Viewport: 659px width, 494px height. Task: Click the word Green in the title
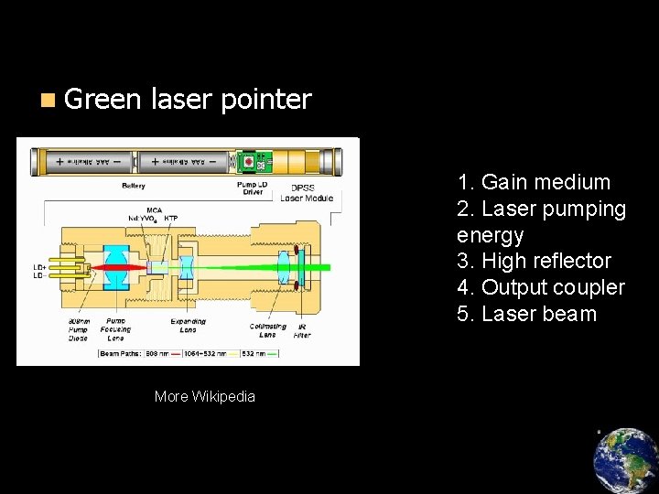[103, 99]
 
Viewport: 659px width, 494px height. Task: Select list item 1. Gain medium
[534, 182]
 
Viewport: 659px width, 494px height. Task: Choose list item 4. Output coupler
[540, 287]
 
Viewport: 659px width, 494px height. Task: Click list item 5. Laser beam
[526, 314]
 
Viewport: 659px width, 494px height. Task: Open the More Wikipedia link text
[205, 396]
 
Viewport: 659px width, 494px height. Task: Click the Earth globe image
[625, 460]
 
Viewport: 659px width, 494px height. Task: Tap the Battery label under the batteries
[134, 187]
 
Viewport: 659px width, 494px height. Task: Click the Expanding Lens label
[188, 326]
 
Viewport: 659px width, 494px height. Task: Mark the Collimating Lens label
[267, 330]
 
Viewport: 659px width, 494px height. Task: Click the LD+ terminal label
[39, 268]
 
